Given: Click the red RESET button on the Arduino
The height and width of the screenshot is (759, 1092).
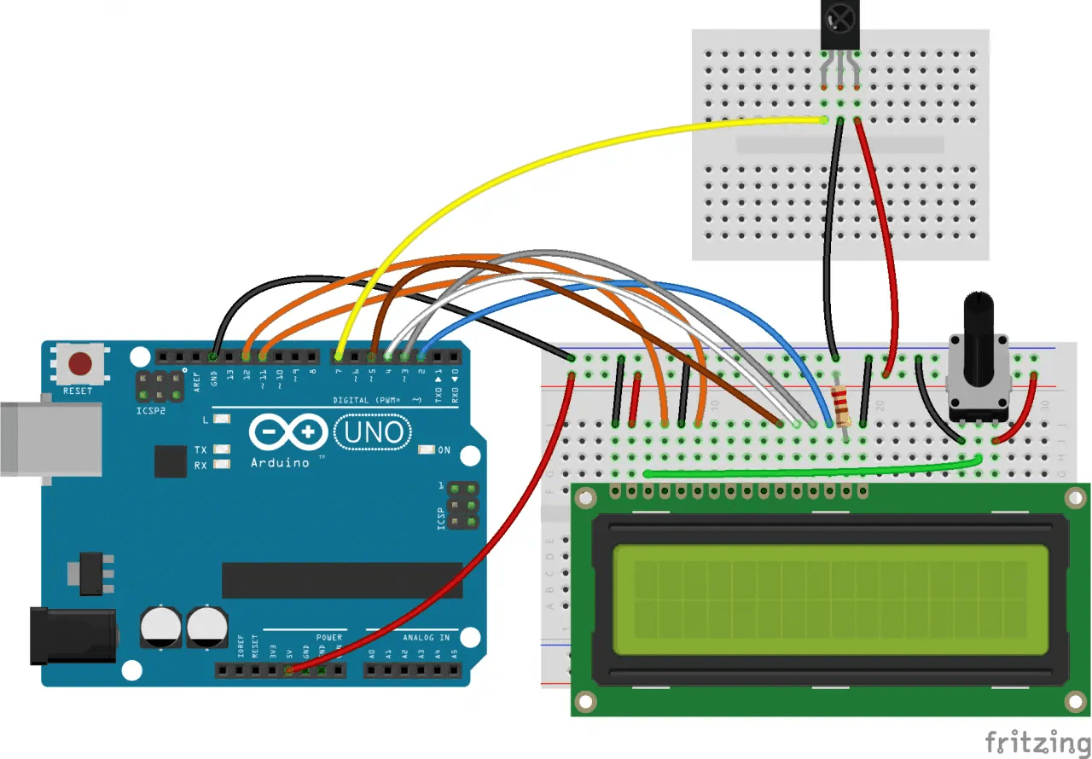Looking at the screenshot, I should (x=80, y=365).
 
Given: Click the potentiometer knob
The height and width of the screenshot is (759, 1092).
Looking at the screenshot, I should (x=979, y=320).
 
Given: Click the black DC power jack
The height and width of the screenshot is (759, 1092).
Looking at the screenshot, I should (x=73, y=635).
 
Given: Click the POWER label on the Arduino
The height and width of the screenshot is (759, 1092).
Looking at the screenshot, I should (x=328, y=637).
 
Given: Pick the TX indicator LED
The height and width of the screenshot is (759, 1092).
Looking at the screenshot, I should (x=222, y=449).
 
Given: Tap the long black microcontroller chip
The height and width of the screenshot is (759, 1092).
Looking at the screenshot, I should (x=341, y=580).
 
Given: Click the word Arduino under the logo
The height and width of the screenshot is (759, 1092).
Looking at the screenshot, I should (x=280, y=462).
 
